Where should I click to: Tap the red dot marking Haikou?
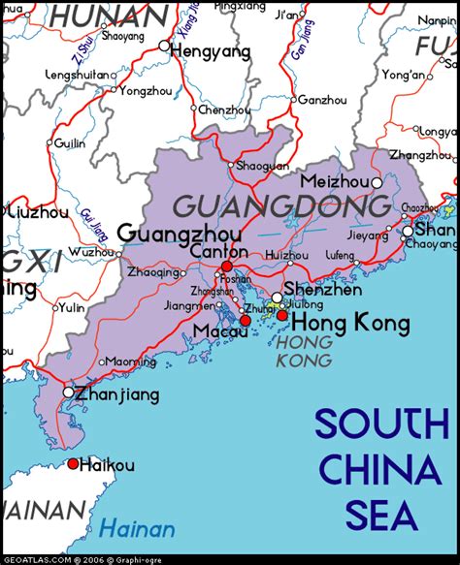point(73,464)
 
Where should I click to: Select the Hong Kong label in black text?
point(337,323)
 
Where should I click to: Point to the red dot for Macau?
point(246,320)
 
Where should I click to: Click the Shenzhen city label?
point(323,290)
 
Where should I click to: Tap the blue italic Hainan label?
point(137,529)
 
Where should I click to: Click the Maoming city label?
point(130,361)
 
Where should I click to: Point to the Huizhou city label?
point(286,256)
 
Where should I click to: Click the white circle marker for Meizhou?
point(378,182)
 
